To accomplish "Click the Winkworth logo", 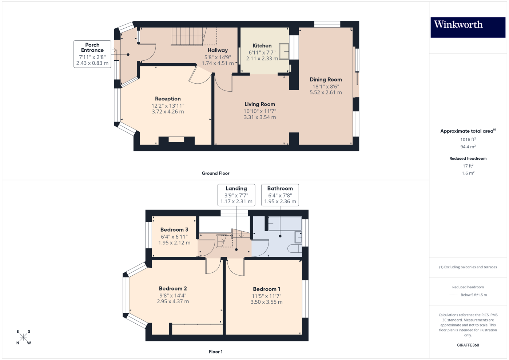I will click(x=468, y=27).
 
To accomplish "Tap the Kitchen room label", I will click(x=262, y=46).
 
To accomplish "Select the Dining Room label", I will click(x=326, y=80).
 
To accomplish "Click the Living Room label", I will click(x=259, y=104).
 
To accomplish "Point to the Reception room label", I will click(x=168, y=99).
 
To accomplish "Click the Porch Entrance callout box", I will click(x=92, y=54).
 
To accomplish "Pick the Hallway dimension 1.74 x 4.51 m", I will click(x=218, y=63).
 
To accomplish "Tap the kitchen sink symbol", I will click(x=284, y=51).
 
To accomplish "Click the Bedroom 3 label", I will click(x=174, y=230).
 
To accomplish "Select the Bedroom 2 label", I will click(x=173, y=289).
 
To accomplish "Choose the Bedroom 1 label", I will click(x=266, y=289).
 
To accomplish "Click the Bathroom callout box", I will click(x=280, y=195).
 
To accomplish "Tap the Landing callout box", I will click(x=236, y=195).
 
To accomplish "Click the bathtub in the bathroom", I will click(x=285, y=224).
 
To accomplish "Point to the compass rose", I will click(x=23, y=337).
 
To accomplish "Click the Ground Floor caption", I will click(x=215, y=173).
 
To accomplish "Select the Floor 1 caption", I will click(x=215, y=352).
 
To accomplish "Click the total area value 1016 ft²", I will click(x=468, y=140).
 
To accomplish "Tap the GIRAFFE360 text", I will click(x=468, y=345).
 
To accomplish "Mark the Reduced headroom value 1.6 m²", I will click(x=468, y=173).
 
